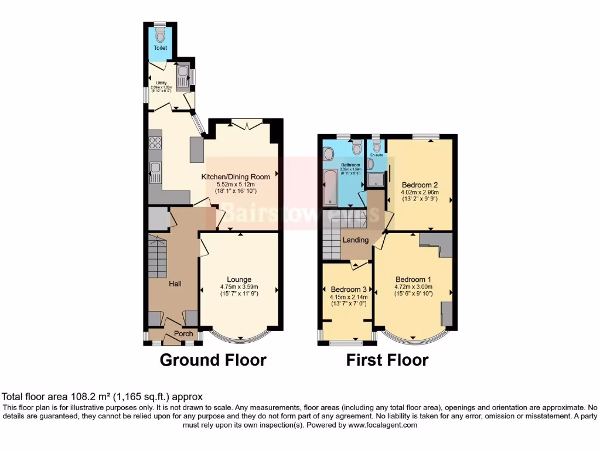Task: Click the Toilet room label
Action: [160, 47]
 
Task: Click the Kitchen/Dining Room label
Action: [236, 176]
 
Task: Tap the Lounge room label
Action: [239, 279]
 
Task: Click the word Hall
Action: [175, 284]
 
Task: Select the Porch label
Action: [184, 334]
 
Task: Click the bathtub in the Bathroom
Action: [330, 187]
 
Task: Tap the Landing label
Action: [356, 240]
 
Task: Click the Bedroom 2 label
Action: [419, 184]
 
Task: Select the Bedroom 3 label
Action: [349, 289]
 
